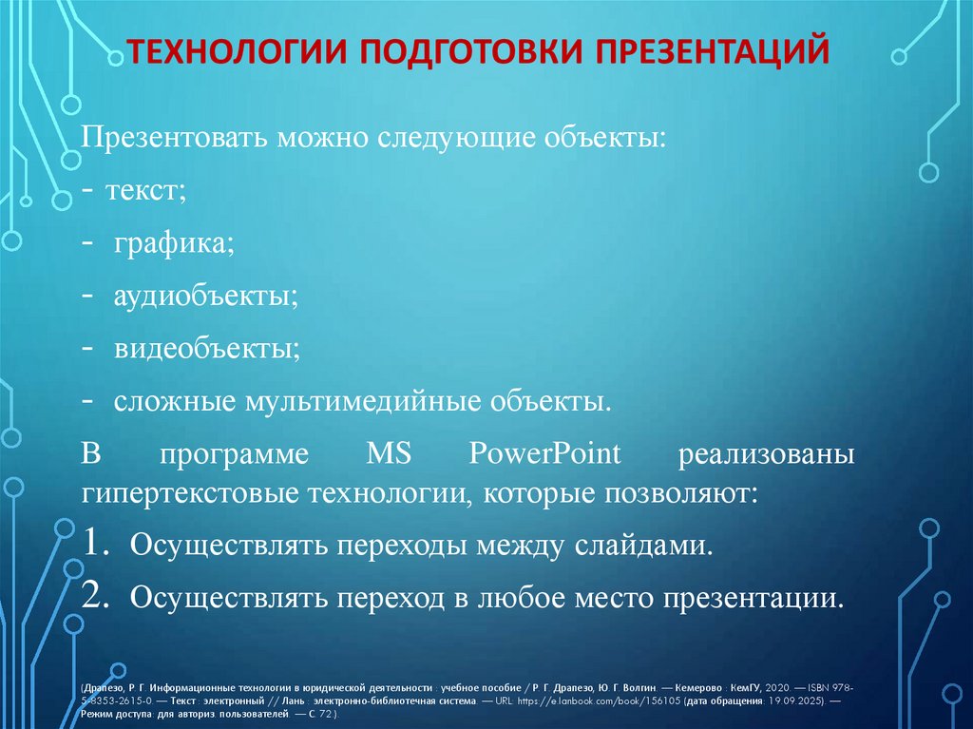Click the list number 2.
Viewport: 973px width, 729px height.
click(x=98, y=597)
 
